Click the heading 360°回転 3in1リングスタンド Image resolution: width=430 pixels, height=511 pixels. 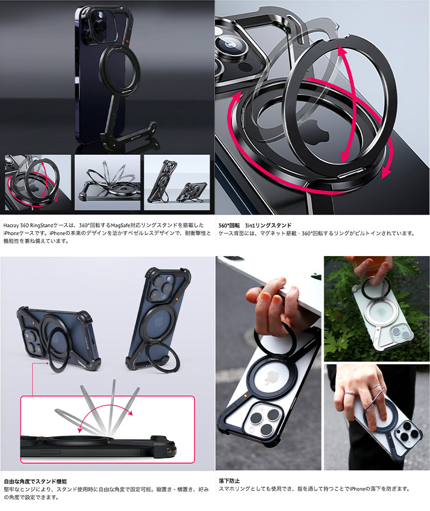click(255, 225)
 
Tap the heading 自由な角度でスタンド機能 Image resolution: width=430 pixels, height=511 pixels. click(35, 481)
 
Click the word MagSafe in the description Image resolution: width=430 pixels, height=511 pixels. click(120, 225)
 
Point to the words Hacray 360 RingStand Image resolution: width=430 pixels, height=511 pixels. click(28, 225)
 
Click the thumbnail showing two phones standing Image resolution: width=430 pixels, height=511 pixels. click(177, 182)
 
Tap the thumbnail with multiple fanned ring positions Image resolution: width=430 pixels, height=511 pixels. click(107, 182)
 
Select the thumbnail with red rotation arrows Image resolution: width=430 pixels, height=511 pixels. click(38, 182)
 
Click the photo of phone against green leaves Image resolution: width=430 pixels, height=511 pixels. click(377, 308)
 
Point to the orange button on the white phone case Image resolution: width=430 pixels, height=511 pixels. click(245, 396)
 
